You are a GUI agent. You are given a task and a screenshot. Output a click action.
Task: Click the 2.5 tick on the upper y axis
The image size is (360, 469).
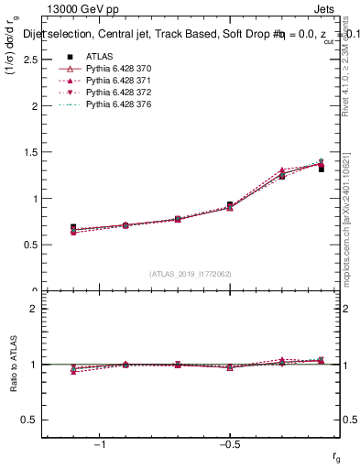point(31,60)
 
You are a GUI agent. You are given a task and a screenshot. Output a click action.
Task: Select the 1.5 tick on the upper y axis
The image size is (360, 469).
point(31,152)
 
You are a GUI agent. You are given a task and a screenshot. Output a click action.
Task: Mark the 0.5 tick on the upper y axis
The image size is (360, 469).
point(31,245)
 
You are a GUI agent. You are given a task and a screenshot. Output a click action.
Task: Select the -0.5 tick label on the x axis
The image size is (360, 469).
point(228,445)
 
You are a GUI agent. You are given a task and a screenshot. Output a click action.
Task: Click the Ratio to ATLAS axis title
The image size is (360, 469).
point(14,365)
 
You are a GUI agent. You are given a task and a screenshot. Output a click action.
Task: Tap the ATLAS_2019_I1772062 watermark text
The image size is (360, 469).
point(190,274)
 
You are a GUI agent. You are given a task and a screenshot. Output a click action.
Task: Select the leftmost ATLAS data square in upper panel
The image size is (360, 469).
point(73,227)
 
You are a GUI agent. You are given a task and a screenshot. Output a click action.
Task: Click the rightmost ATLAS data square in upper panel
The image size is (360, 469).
point(321,169)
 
